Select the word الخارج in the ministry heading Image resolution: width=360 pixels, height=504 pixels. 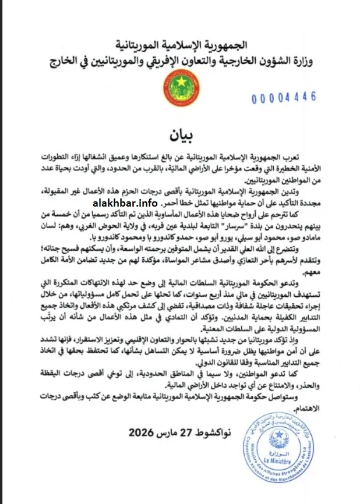(79, 62)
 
